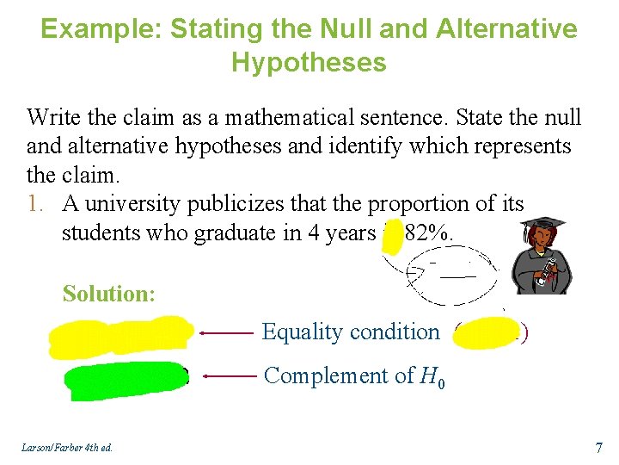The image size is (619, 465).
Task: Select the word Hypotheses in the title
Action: point(309,62)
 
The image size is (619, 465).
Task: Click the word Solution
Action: point(108,294)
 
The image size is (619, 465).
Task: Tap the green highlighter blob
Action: point(125,381)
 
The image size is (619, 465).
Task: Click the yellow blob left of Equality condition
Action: point(120,335)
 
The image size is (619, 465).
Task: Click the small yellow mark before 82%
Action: point(392,233)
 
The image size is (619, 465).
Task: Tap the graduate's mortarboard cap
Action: point(543,226)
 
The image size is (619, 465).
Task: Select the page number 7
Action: point(599,447)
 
